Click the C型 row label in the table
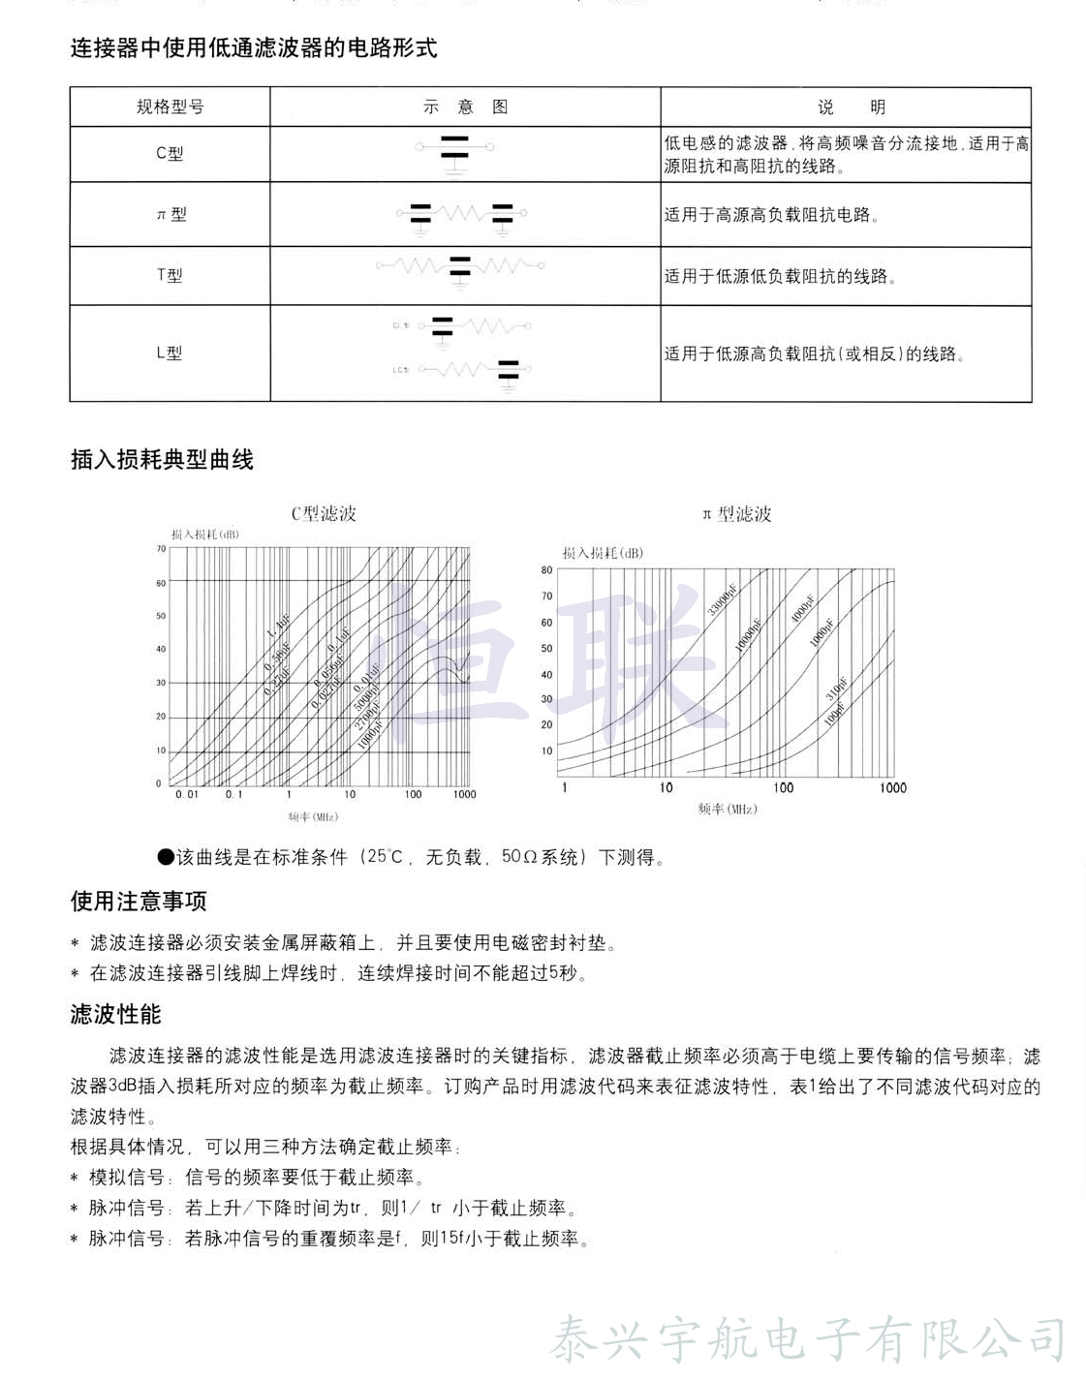[x=170, y=153]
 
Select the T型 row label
[x=170, y=275]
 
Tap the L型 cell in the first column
[x=170, y=353]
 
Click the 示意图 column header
[x=465, y=107]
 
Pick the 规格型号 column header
[x=170, y=107]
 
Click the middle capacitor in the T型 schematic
[x=460, y=266]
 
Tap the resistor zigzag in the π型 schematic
[x=461, y=212]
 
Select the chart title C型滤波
[x=324, y=514]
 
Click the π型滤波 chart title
[x=737, y=514]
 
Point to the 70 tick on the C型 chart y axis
[x=161, y=549]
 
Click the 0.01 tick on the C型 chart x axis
[x=186, y=794]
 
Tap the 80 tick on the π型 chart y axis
[x=546, y=570]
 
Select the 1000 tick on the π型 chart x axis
[x=892, y=787]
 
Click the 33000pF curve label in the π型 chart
[x=721, y=593]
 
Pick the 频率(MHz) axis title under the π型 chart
[x=728, y=809]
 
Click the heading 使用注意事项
[x=139, y=902]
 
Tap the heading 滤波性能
[x=116, y=1014]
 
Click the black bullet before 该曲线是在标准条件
[x=165, y=857]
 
